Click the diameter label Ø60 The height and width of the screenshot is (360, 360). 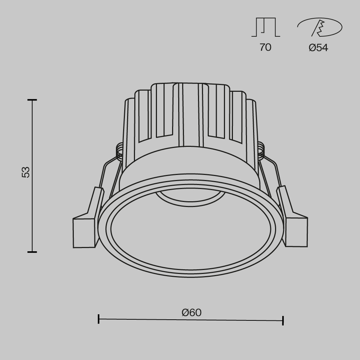(192, 312)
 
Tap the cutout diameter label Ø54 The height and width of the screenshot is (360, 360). (318, 48)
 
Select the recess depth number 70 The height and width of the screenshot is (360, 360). (265, 47)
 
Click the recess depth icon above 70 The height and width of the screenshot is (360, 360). (266, 28)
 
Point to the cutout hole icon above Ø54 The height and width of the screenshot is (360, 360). (319, 28)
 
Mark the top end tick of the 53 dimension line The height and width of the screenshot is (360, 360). (32, 100)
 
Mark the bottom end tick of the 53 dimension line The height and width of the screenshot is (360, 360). (32, 252)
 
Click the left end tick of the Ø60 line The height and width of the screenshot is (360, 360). (99, 319)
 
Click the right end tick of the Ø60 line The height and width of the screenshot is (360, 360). (283, 320)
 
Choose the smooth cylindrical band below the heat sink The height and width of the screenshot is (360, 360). (190, 162)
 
